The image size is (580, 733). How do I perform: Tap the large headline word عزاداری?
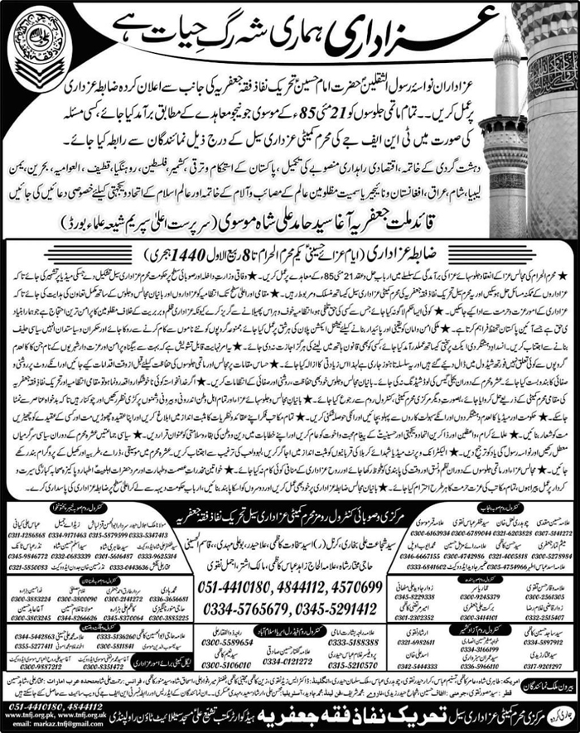[396, 31]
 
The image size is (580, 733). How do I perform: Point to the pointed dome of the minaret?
[505, 50]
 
